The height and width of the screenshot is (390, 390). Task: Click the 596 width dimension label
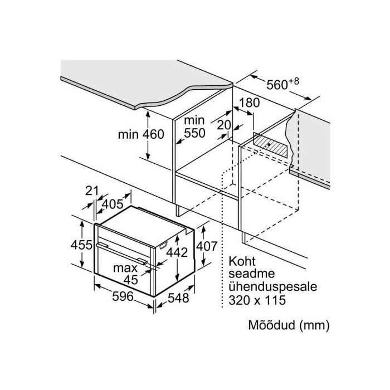(123, 296)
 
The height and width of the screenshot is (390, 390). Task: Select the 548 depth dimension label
(178, 298)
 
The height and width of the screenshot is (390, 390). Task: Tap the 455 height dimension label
(81, 245)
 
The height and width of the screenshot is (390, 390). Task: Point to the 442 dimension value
(177, 252)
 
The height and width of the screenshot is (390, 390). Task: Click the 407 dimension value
(207, 246)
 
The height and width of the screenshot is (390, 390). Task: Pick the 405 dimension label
(113, 204)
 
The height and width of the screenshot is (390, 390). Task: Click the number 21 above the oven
(92, 191)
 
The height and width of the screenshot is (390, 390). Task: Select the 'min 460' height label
(141, 135)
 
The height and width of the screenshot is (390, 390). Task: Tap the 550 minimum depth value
(194, 133)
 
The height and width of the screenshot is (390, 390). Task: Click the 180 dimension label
(250, 103)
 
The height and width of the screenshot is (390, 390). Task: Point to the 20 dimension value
(224, 125)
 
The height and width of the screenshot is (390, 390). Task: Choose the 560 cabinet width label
(277, 85)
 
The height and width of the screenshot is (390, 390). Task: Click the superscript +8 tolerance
(294, 81)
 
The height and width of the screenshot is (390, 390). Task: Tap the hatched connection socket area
(270, 145)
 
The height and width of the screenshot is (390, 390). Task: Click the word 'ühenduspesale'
(273, 287)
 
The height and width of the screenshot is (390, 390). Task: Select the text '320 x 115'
(257, 300)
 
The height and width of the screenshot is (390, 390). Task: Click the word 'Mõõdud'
(271, 325)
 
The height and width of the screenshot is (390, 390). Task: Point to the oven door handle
(121, 253)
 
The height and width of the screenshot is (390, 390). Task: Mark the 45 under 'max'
(130, 280)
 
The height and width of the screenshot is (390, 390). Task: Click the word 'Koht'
(242, 261)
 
